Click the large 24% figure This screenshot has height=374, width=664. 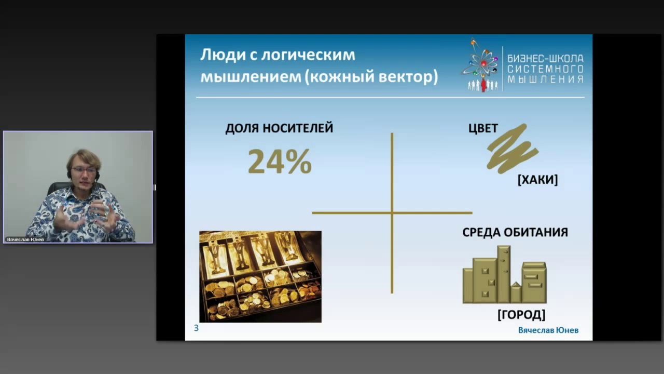[x=280, y=162]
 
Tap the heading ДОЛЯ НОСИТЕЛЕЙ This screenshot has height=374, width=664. [x=279, y=128]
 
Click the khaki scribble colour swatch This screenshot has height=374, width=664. [x=512, y=149]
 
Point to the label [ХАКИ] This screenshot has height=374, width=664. [x=537, y=180]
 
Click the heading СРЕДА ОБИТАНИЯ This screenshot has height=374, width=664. [x=515, y=232]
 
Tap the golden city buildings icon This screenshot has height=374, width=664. [x=504, y=275]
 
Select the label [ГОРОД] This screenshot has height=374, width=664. [x=521, y=314]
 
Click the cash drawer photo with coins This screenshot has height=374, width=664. [x=260, y=276]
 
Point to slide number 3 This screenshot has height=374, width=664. [x=196, y=328]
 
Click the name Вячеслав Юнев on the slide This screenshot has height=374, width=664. [x=548, y=330]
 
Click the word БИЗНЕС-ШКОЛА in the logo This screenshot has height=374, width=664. [x=545, y=59]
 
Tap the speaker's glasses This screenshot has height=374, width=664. [x=84, y=170]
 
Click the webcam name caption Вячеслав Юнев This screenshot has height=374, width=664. [x=25, y=239]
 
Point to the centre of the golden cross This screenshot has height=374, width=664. [x=392, y=212]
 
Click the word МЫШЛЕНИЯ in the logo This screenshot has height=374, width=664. [x=545, y=79]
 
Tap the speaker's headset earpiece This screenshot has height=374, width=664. [x=96, y=177]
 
